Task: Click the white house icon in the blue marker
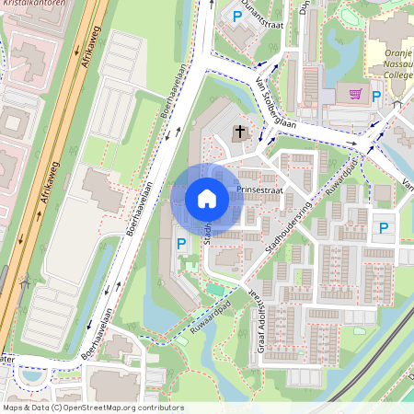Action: pyautogui.click(x=207, y=199)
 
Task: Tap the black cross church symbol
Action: pyautogui.click(x=239, y=132)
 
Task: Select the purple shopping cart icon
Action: pyautogui.click(x=355, y=93)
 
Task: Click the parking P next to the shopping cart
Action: pyautogui.click(x=376, y=94)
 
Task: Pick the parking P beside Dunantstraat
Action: pyautogui.click(x=237, y=16)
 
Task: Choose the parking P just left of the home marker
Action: pyautogui.click(x=181, y=243)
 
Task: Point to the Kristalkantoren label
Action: pyautogui.click(x=32, y=5)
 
